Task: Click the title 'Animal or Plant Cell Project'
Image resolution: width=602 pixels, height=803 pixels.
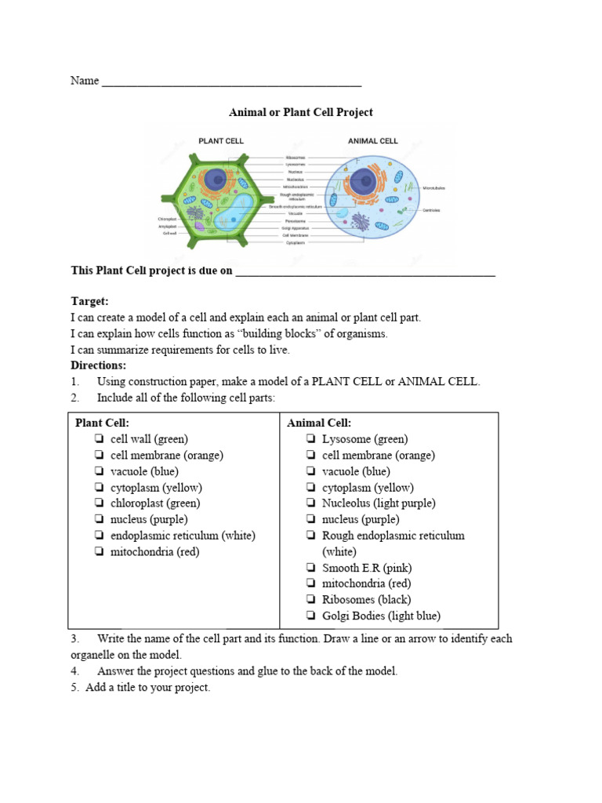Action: click(300, 112)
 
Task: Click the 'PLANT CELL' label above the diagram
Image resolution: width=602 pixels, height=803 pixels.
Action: click(220, 141)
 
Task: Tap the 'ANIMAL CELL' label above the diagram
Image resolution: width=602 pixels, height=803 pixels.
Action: click(372, 141)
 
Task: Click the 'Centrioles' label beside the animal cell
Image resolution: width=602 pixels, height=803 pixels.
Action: click(431, 210)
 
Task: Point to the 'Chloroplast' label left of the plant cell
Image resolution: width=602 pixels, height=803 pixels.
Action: click(167, 219)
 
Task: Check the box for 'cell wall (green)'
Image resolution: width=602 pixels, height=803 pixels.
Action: click(100, 439)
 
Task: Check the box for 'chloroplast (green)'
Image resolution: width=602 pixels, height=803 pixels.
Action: click(100, 503)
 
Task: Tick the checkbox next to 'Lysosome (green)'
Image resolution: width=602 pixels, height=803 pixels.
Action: click(311, 439)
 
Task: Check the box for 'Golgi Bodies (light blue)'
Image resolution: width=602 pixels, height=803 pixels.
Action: click(311, 616)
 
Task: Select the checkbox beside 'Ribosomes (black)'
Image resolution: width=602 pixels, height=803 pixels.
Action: click(311, 600)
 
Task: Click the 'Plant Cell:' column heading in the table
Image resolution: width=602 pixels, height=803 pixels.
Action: click(102, 423)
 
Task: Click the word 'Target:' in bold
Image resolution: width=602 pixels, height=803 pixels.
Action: click(89, 301)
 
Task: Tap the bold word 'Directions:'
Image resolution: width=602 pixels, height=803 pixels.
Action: click(98, 365)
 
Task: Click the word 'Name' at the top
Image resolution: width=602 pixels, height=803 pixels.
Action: click(85, 81)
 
